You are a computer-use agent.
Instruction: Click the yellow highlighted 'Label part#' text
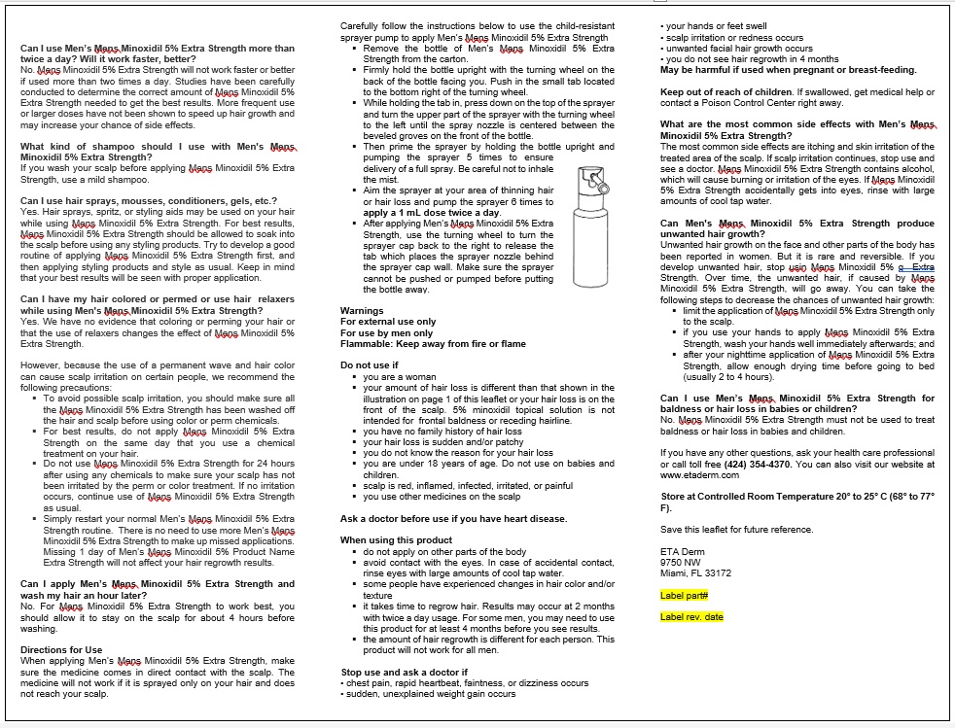coord(684,595)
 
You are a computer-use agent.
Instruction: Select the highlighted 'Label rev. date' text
coord(691,616)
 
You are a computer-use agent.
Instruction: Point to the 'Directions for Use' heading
coord(61,649)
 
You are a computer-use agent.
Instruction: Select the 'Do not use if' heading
coord(370,365)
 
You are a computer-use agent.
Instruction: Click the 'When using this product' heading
coord(396,539)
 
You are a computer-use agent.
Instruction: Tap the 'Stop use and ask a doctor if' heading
coord(404,672)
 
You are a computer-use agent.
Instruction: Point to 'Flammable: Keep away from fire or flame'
coord(433,343)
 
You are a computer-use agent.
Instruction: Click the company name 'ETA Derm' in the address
coord(682,551)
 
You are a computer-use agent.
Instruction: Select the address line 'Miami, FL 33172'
coord(695,572)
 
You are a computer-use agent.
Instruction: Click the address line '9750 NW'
coord(680,562)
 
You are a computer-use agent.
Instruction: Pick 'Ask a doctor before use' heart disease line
coord(453,518)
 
